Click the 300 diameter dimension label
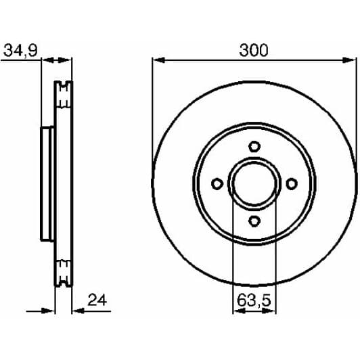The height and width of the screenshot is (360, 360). (x=254, y=50)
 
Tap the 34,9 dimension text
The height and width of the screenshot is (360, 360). (x=20, y=50)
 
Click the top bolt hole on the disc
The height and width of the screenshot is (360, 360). (x=254, y=146)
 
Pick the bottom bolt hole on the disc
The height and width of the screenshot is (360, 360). (x=254, y=221)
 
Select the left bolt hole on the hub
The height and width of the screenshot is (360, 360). (x=217, y=183)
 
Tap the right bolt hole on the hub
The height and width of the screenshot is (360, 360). (x=292, y=183)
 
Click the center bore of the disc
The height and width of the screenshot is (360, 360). (x=254, y=183)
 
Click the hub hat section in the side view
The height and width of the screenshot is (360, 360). (x=47, y=183)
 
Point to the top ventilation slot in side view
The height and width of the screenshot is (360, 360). (x=64, y=95)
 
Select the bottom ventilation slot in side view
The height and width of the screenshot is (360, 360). (x=64, y=273)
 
